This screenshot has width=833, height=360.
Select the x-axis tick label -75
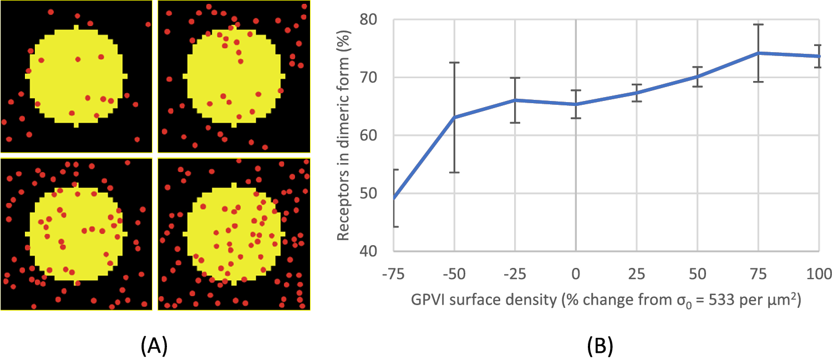(x=393, y=273)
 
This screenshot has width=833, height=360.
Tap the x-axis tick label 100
(x=819, y=273)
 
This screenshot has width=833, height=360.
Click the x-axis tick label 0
(x=576, y=273)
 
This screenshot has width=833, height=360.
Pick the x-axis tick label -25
(x=515, y=273)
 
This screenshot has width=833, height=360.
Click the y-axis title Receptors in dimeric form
(x=343, y=135)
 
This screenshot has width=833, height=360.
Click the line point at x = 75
(x=758, y=53)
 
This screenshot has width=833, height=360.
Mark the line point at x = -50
(x=454, y=117)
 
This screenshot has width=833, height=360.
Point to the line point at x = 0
(x=576, y=104)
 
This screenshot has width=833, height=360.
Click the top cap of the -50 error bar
(x=454, y=63)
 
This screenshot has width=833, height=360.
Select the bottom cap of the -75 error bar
(x=395, y=226)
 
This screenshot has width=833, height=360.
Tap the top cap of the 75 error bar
(x=758, y=24)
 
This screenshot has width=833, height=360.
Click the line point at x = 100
(x=819, y=56)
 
